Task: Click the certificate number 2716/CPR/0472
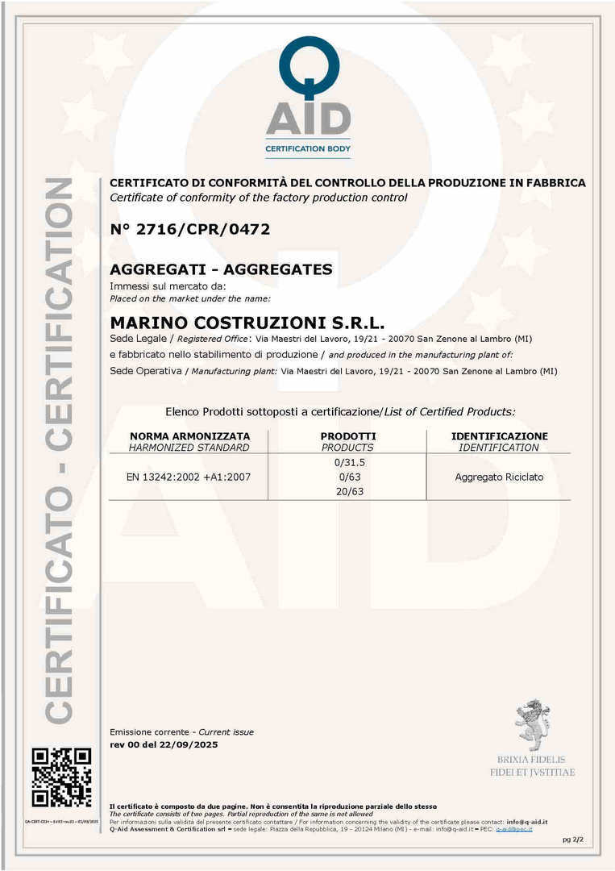[x=190, y=229]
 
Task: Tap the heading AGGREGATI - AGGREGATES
[x=221, y=269]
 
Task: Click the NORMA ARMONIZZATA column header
[x=189, y=436]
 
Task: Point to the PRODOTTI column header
[x=347, y=436]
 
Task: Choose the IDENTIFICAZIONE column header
[x=499, y=436]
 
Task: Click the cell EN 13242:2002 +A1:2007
[x=189, y=477]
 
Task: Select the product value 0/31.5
[x=349, y=462]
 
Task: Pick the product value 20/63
[x=349, y=491]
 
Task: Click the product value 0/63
[x=349, y=477]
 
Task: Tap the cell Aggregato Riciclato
[x=499, y=477]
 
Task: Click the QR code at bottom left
[x=61, y=777]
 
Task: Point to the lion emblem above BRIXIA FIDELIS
[x=532, y=724]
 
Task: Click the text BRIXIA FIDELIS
[x=531, y=760]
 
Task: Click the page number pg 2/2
[x=572, y=840]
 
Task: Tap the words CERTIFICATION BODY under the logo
[x=308, y=148]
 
